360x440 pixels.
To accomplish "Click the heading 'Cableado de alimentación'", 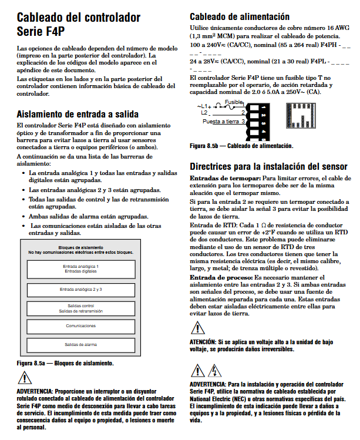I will [240, 16].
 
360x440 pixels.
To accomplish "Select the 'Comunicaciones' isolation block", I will [81, 325].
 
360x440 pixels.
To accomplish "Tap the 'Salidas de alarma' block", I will [81, 345].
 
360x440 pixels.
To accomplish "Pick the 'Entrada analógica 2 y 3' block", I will [81, 290].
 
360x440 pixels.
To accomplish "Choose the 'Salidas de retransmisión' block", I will [81, 308].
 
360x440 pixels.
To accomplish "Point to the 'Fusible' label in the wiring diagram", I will [233, 102].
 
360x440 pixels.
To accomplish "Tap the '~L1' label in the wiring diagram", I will [203, 106].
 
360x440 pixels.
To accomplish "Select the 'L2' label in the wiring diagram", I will [204, 112].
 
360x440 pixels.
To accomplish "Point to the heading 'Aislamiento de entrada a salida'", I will [78, 114].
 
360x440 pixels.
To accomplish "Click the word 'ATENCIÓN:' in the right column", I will [203, 341].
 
